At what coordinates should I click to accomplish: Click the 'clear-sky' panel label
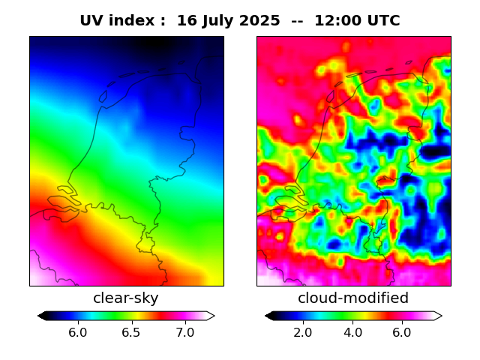[x=126, y=298]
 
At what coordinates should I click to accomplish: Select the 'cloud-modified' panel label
[x=353, y=298]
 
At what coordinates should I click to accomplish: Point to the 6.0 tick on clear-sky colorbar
[x=77, y=332]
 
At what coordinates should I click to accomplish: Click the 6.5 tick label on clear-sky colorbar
[x=131, y=332]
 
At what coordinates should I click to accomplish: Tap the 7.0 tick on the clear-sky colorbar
[x=184, y=332]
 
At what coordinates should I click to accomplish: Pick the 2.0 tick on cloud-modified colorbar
[x=303, y=332]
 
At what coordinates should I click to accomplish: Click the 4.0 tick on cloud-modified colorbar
[x=352, y=332]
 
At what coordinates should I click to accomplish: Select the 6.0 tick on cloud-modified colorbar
[x=402, y=332]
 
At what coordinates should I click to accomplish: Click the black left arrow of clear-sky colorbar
[x=43, y=316]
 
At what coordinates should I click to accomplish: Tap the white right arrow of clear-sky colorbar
[x=210, y=316]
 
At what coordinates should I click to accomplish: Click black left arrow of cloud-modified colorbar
[x=270, y=316]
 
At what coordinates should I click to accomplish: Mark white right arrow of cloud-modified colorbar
[x=437, y=316]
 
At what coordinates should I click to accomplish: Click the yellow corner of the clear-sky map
[x=217, y=280]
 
